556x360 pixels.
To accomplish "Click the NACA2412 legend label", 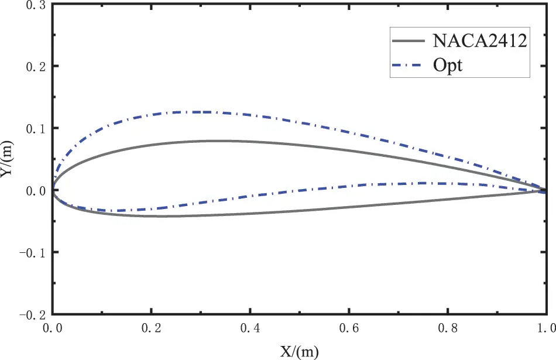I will click(481, 40).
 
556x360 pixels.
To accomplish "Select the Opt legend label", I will click(448, 64).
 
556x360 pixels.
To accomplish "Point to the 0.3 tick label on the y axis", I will click(35, 5).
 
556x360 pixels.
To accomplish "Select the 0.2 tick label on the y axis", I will click(35, 66).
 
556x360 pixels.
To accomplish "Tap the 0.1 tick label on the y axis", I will click(35, 128).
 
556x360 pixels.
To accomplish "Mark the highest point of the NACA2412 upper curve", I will click(211, 140).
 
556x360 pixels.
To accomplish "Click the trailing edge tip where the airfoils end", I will click(546, 190).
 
